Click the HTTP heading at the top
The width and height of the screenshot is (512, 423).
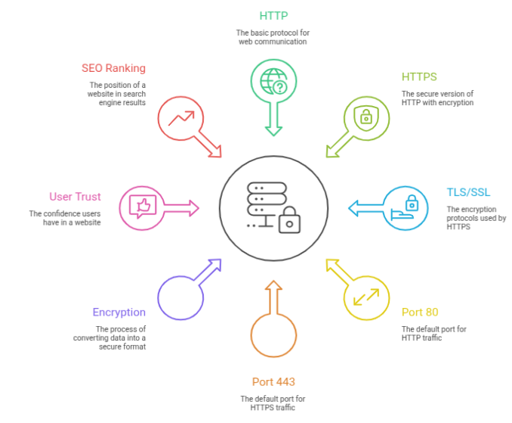[273, 15]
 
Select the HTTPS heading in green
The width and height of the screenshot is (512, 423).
[419, 77]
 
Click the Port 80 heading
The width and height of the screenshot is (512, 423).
[420, 312]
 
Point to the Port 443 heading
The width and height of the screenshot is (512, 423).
[273, 381]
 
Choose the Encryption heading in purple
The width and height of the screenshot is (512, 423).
[119, 312]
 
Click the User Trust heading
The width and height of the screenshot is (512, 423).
[75, 197]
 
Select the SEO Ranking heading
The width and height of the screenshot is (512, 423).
[113, 68]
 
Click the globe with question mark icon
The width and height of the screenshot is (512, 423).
[273, 82]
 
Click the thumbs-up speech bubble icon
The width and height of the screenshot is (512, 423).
[142, 207]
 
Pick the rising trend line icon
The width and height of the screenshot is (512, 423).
[180, 118]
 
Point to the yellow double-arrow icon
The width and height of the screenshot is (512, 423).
[366, 297]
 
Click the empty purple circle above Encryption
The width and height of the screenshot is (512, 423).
[180, 297]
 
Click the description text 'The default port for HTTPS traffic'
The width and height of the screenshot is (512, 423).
[273, 403]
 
